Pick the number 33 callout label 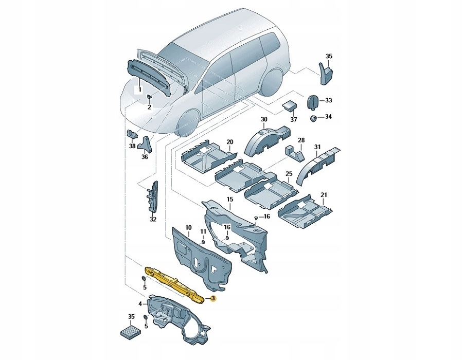point(329,100)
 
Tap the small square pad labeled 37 point(290,105)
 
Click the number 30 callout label point(264,119)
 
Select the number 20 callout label point(229,142)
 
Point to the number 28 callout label point(301,140)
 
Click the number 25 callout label point(289,174)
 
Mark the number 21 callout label point(324,195)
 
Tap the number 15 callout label point(230,199)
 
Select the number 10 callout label point(188,227)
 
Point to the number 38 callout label point(132,146)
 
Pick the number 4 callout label point(140,304)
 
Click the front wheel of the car point(188,122)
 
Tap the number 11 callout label point(203,232)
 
